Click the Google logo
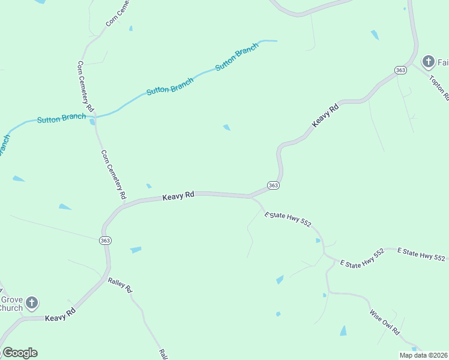coord(20,353)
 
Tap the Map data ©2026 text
coord(423,355)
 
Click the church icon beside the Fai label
coord(428,62)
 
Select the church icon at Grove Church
coord(32,303)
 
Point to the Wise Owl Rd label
coord(385,322)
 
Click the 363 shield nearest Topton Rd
coord(401,70)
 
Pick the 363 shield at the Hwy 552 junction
coord(273,185)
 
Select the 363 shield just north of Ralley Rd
coord(105,240)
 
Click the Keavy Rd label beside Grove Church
coord(60,314)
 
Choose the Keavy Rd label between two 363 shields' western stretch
coord(179,196)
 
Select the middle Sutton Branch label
coord(170,87)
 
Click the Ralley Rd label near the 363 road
coord(120,285)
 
